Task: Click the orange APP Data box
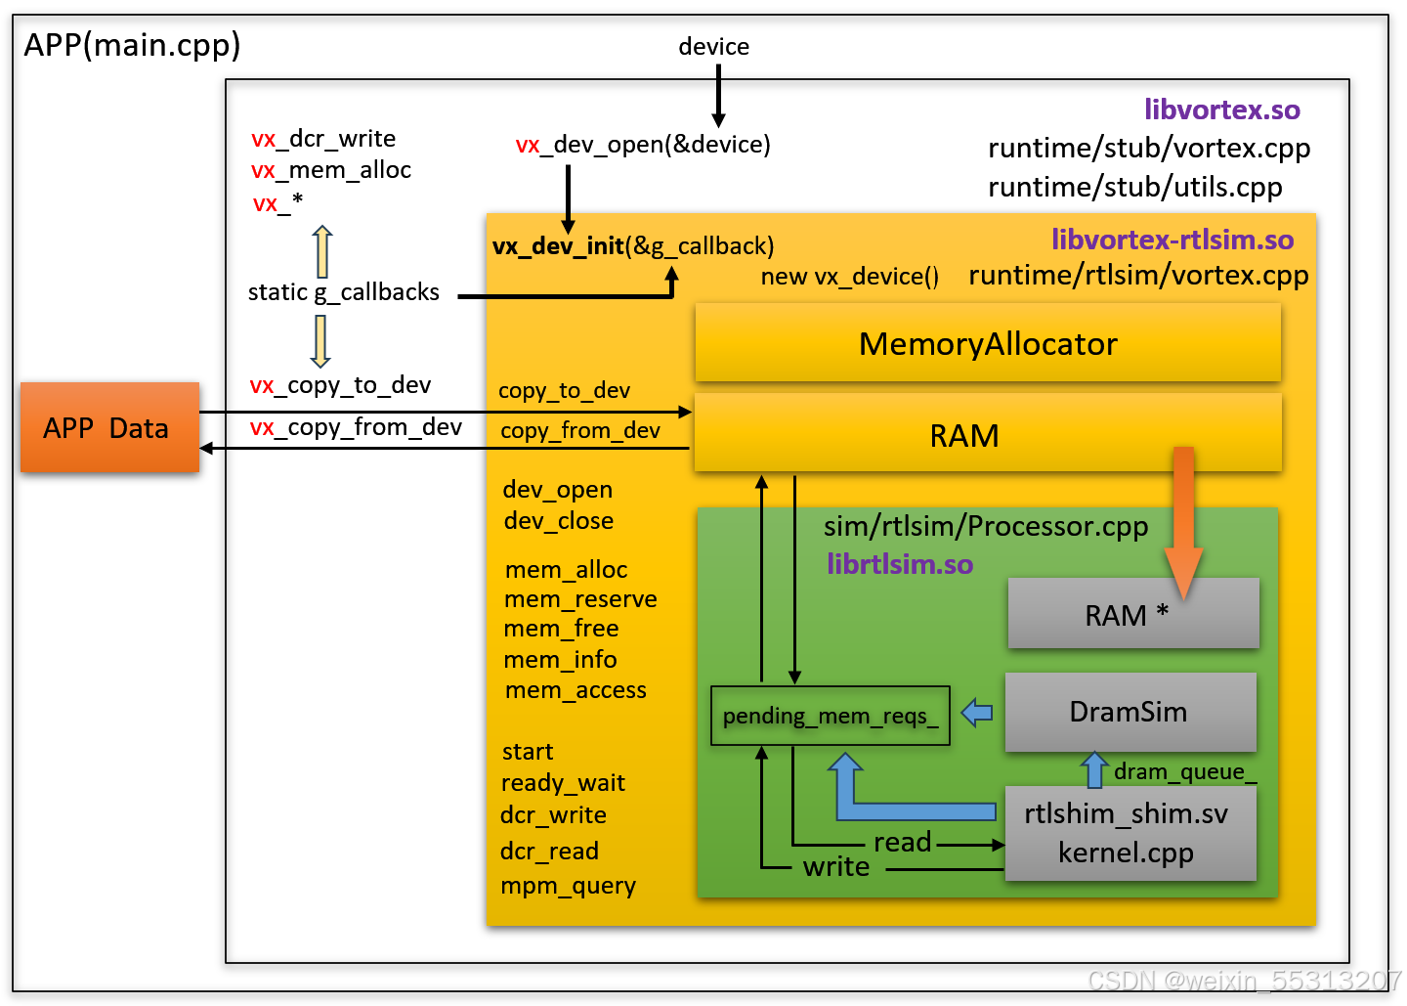tap(109, 427)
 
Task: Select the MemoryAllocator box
tap(988, 342)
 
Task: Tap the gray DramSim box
tap(1130, 712)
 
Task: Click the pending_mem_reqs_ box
tap(830, 716)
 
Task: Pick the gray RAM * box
tap(1133, 613)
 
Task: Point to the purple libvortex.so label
tap(1221, 109)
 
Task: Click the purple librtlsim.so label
tap(900, 564)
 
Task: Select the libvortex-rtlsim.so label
tap(1172, 240)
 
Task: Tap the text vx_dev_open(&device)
tap(643, 145)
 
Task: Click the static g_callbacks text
tap(344, 292)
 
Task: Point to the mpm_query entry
tap(568, 886)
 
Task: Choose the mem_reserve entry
tap(580, 599)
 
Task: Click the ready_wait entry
tap(563, 783)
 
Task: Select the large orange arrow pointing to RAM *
tap(1183, 523)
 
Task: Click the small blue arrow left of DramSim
tap(977, 713)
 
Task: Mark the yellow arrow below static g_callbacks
tap(320, 341)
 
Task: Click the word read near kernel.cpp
tap(902, 842)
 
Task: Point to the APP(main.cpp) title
tap(132, 45)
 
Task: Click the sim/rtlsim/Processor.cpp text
tap(986, 526)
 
